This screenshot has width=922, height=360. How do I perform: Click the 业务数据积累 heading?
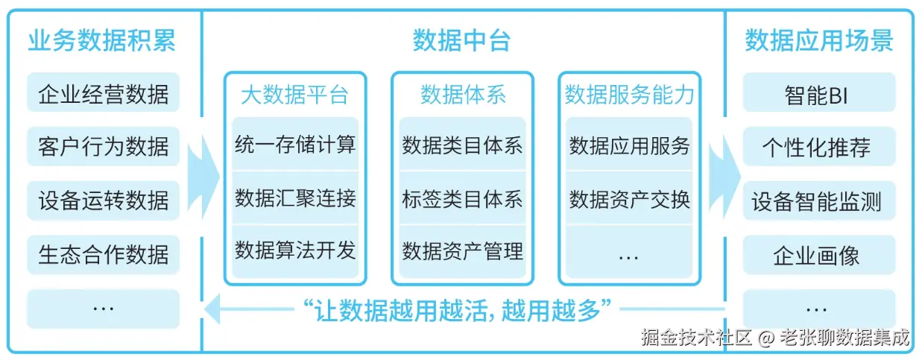click(x=102, y=40)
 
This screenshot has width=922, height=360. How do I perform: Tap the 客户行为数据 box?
click(x=103, y=146)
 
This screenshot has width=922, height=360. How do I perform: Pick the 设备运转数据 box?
click(x=103, y=200)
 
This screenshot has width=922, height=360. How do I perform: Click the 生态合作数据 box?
click(x=103, y=254)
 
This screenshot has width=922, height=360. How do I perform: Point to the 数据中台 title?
click(x=462, y=40)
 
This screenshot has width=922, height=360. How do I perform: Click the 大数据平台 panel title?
click(x=295, y=95)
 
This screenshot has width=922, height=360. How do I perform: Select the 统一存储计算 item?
click(x=295, y=145)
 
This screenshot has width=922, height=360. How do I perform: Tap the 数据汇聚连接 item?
click(x=295, y=198)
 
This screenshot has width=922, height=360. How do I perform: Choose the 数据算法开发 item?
click(x=295, y=250)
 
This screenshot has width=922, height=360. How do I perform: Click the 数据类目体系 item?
click(x=462, y=145)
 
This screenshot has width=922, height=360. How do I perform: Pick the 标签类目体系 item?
click(x=462, y=198)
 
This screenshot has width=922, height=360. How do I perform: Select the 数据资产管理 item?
click(x=462, y=250)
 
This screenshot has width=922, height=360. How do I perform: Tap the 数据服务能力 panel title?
click(x=629, y=95)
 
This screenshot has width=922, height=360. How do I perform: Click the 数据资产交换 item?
click(x=629, y=199)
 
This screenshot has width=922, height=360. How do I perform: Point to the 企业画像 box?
click(x=818, y=256)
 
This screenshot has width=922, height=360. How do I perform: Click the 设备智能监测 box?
click(x=818, y=201)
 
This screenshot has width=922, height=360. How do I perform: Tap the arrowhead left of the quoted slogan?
click(x=213, y=309)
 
